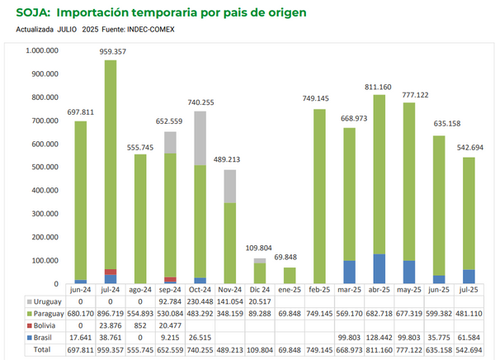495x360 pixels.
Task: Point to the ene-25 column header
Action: pos(289,290)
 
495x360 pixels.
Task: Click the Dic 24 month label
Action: pos(259,290)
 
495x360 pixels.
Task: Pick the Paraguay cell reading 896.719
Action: pos(111,314)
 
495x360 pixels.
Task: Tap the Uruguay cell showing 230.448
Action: pos(200,301)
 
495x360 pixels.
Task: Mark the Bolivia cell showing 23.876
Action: pos(111,325)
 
